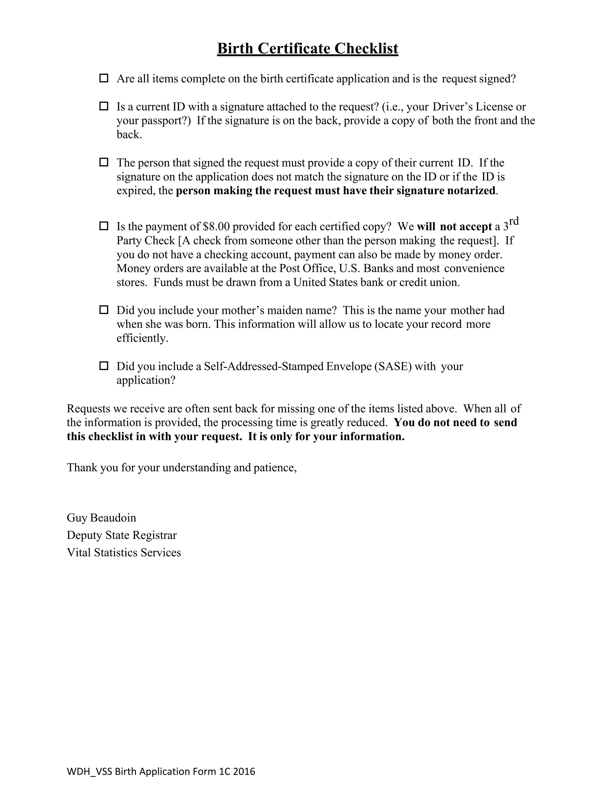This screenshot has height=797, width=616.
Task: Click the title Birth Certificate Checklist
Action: pyautogui.click(x=307, y=48)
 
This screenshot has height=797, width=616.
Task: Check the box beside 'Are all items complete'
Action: pyautogui.click(x=104, y=78)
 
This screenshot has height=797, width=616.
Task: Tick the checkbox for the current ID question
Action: pyautogui.click(x=104, y=106)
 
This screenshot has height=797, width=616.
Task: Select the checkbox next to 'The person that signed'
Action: pyautogui.click(x=104, y=162)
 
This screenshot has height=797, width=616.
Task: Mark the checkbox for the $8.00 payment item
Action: pyautogui.click(x=104, y=226)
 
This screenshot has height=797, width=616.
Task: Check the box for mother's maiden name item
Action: pyautogui.click(x=104, y=310)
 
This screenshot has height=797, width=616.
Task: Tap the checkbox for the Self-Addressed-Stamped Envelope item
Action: pyautogui.click(x=104, y=366)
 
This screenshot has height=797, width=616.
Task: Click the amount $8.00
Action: pyautogui.click(x=216, y=227)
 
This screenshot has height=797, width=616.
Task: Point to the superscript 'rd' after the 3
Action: pyautogui.click(x=513, y=221)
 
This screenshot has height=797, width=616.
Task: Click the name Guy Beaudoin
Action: pyautogui.click(x=101, y=518)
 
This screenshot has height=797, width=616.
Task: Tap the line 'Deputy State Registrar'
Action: pyautogui.click(x=122, y=535)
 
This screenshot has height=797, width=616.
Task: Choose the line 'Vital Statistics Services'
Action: pyautogui.click(x=124, y=552)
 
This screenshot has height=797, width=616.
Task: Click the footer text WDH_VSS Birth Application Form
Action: pyautogui.click(x=161, y=771)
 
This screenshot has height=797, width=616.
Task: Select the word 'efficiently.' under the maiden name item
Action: pyautogui.click(x=142, y=338)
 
